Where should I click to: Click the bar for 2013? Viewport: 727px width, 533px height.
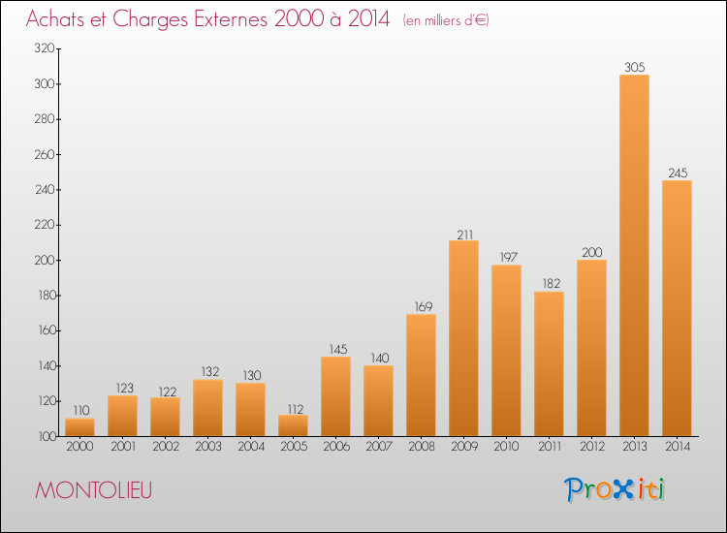point(634,256)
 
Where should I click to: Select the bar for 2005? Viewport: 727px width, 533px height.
point(293,425)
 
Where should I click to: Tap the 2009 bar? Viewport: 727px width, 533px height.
point(463,338)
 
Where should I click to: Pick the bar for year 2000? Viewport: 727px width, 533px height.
point(79,427)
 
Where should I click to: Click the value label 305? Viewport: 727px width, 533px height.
point(634,67)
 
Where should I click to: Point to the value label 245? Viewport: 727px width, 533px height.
point(678,172)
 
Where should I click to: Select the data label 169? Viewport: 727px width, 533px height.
point(423,306)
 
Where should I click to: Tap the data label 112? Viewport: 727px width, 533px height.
point(295,409)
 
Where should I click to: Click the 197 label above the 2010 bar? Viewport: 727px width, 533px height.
point(508,257)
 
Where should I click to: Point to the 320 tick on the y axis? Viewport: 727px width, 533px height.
point(45,48)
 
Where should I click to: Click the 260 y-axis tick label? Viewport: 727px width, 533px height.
point(45,154)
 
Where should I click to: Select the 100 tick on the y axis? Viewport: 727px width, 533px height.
point(47,436)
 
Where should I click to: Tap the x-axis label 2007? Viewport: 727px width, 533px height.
point(379,447)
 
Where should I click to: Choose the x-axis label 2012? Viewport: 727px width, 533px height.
point(592,447)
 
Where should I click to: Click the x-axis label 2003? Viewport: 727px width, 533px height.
point(208,447)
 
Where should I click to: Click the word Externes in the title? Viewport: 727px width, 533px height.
point(231,18)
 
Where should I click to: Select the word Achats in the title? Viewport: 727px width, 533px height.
point(55,18)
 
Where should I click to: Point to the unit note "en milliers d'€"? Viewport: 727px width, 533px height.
point(446,20)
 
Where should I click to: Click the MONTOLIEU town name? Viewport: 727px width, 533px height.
point(94,490)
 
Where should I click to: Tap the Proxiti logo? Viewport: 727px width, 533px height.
point(615,489)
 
